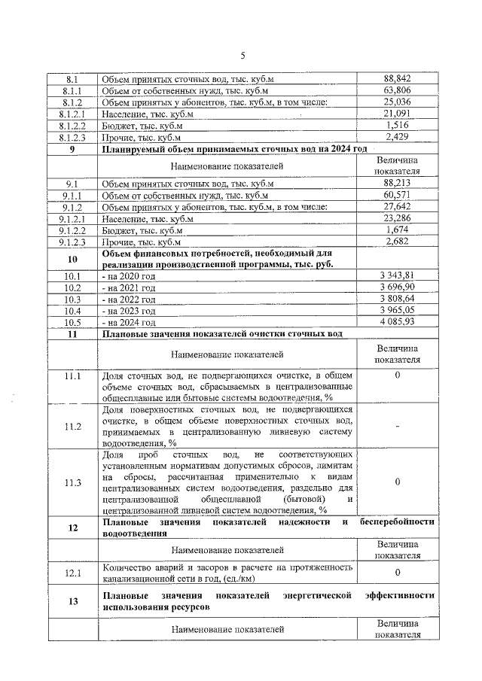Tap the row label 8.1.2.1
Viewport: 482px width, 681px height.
click(72, 114)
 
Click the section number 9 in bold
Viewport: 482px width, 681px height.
click(72, 150)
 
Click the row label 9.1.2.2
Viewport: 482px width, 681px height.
click(72, 231)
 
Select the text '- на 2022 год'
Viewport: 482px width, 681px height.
click(129, 299)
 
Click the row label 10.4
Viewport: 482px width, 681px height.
click(72, 311)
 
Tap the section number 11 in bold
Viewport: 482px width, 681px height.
click(72, 334)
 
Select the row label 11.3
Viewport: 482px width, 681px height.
click(72, 482)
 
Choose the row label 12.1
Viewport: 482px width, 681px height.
click(72, 573)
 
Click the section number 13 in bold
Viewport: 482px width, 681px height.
click(72, 601)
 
